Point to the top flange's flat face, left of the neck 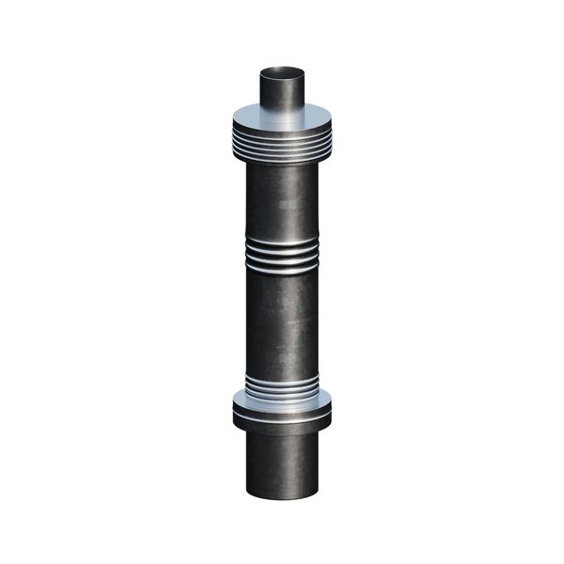tap(244, 120)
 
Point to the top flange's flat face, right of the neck tap(320, 120)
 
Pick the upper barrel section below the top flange tap(282, 197)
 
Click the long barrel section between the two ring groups tap(282, 320)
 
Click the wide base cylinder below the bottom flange tap(282, 461)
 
